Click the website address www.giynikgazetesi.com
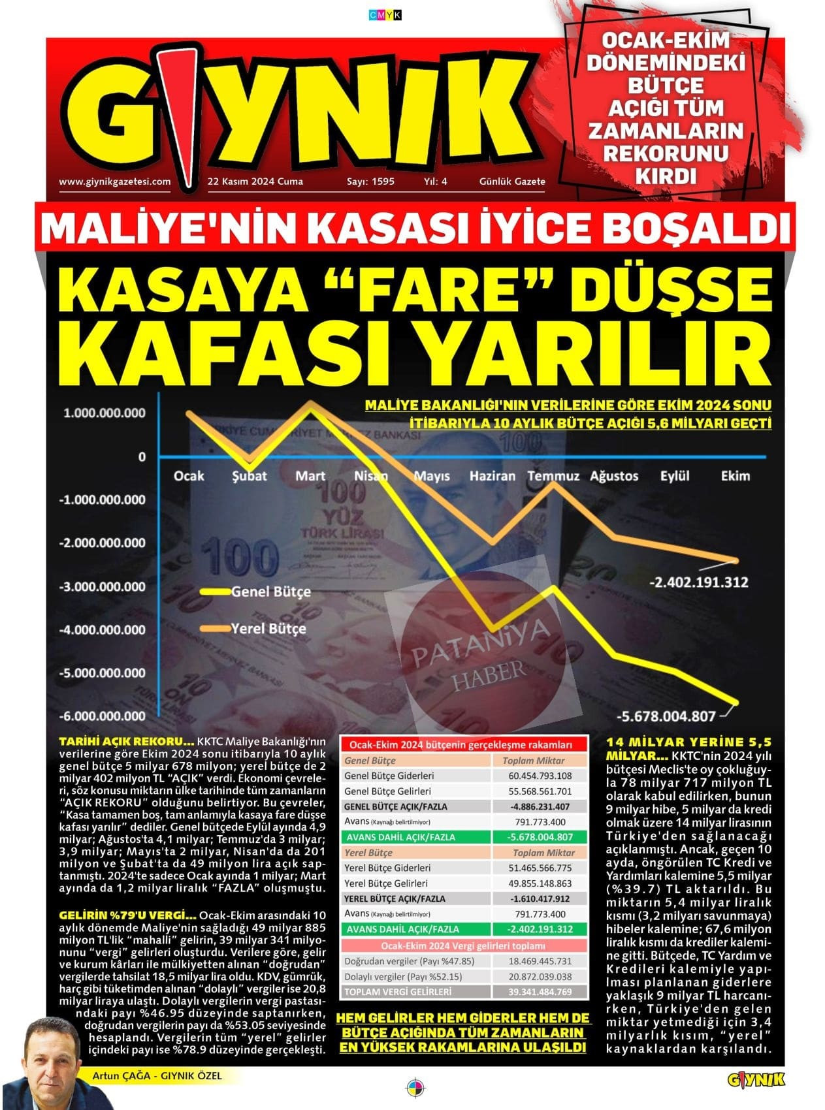(114, 182)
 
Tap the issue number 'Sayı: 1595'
(370, 182)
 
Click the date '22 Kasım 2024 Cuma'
(255, 182)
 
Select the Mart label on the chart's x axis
(310, 476)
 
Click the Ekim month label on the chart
(735, 476)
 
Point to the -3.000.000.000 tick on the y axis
(103, 586)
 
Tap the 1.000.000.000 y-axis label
(105, 413)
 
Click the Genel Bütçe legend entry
(270, 592)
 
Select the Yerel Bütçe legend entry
(268, 629)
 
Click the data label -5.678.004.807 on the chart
(666, 716)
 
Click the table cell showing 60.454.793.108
(540, 776)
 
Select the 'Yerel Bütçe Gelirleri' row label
(387, 883)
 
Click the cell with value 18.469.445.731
(540, 961)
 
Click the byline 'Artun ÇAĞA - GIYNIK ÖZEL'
(157, 1075)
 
